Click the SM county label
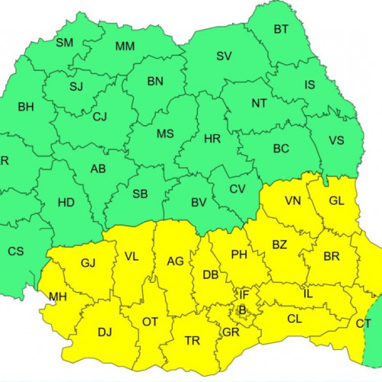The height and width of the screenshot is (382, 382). pos(65,43)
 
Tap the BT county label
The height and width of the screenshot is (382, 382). pos(281,30)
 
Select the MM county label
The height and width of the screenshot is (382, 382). pos(125,47)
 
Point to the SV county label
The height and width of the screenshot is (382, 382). pos(224,56)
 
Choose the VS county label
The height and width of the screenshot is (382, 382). pos(336,141)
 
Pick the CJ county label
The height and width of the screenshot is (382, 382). pos(100,117)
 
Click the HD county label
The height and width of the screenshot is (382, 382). pos(66,204)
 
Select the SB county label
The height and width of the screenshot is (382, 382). pos(140,193)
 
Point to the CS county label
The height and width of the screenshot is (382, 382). pos(15,251)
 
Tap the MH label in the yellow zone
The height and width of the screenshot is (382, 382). pos(57,296)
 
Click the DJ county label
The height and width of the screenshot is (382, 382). pos(105,332)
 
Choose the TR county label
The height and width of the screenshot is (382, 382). pos(193,341)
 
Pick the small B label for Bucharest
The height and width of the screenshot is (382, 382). pos(241,310)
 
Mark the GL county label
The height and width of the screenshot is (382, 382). pos(336,201)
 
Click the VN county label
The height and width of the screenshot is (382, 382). pos(293,201)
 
